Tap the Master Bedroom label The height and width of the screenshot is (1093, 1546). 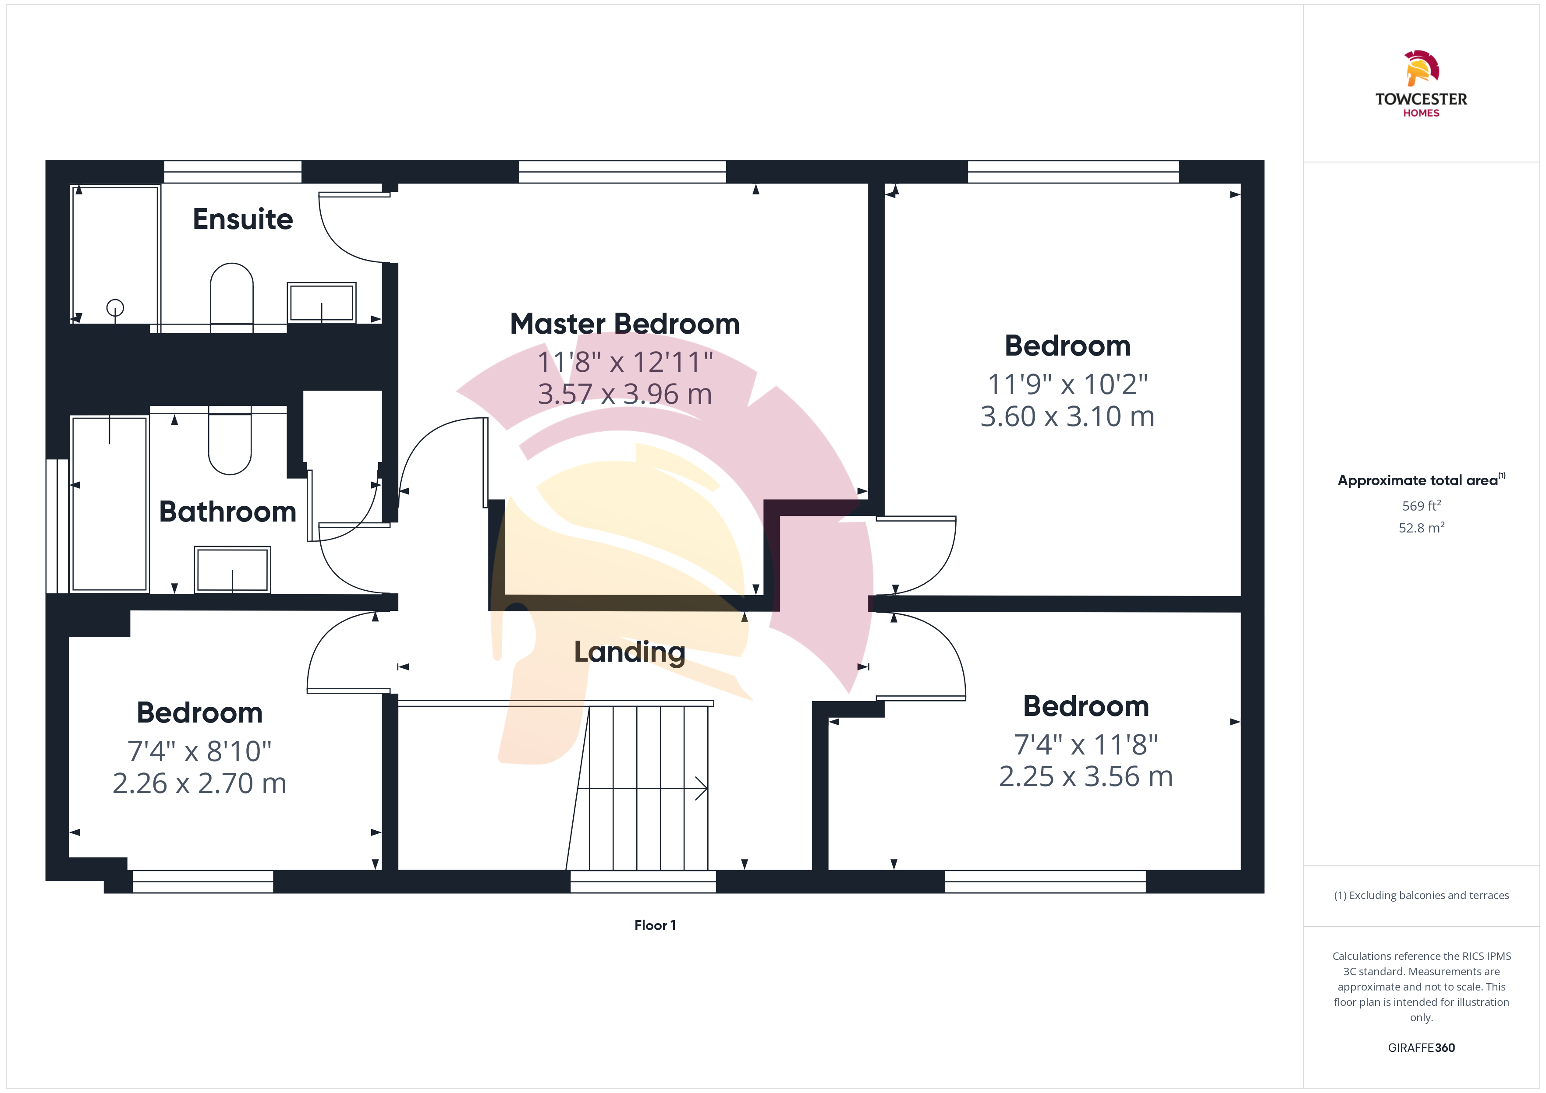click(625, 324)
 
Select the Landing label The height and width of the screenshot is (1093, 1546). click(630, 652)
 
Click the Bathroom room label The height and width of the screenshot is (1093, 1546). click(227, 511)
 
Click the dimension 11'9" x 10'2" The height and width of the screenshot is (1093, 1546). click(1067, 384)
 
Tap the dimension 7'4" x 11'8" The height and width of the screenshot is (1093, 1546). click(1086, 744)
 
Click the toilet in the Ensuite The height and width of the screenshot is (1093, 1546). click(232, 296)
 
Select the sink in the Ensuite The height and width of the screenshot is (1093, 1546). click(322, 303)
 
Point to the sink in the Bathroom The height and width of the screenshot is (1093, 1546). click(232, 569)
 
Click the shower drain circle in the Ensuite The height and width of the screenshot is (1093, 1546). click(115, 307)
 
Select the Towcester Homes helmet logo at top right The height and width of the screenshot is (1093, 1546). click(1422, 68)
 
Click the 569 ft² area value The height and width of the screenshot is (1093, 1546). click(1422, 505)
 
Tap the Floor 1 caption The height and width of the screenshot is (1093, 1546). click(655, 925)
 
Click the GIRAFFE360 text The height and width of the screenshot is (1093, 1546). click(1422, 1048)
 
